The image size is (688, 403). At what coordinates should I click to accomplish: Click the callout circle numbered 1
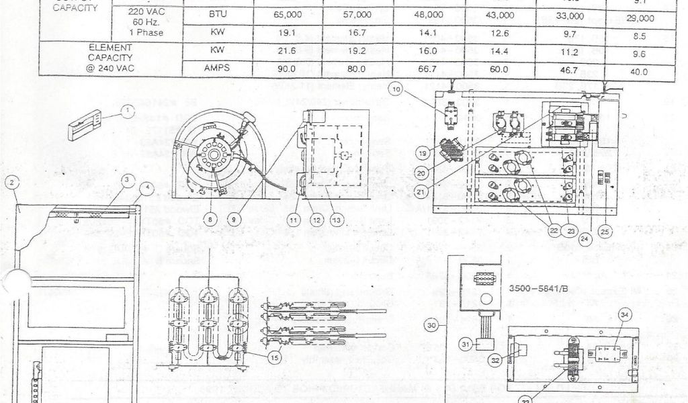point(128,111)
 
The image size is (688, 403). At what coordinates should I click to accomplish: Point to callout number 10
point(396,88)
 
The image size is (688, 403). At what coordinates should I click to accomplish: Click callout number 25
point(605,232)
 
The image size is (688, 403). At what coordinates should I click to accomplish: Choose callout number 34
point(625,314)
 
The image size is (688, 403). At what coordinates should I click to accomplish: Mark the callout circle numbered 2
point(12,181)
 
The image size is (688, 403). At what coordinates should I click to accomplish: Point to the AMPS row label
point(217,69)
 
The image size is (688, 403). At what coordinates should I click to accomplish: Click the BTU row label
point(217,14)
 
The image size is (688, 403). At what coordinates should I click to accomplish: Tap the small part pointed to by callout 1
point(84,124)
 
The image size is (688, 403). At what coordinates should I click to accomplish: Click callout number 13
point(337,218)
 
